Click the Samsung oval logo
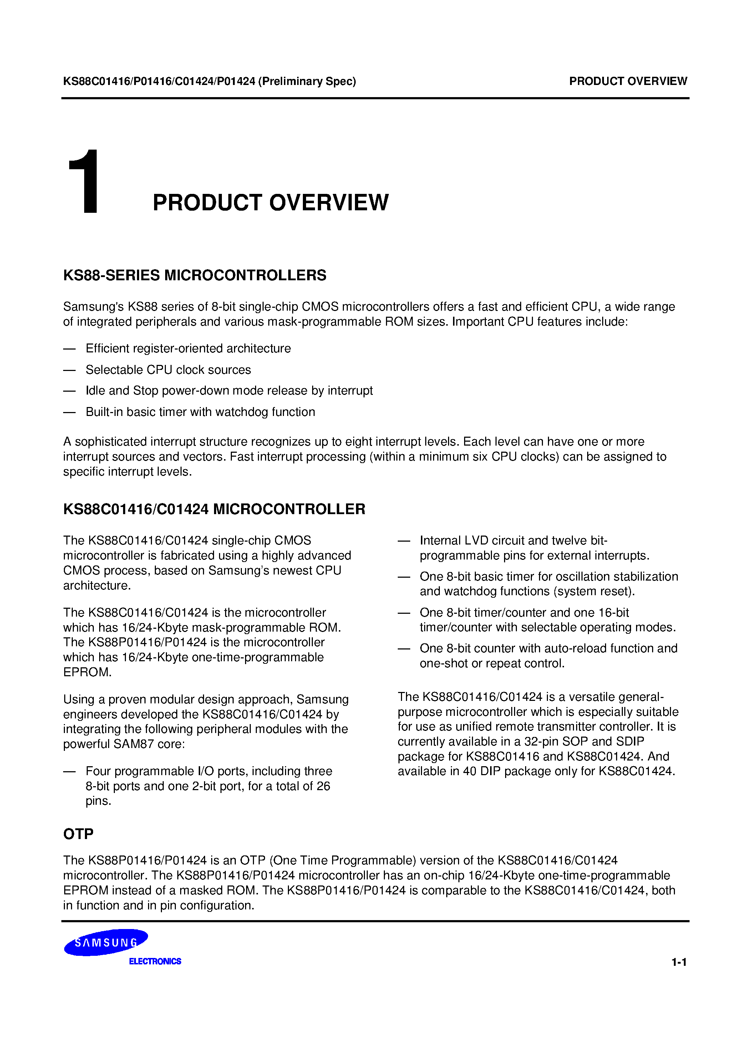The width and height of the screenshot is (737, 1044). click(x=106, y=943)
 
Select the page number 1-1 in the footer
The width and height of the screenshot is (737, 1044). click(x=679, y=962)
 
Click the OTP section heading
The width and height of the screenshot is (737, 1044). click(x=78, y=834)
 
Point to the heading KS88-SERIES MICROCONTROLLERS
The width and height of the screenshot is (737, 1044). click(x=194, y=276)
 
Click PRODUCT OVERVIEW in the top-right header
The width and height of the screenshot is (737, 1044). click(x=628, y=81)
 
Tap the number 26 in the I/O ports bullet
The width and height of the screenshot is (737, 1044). click(x=323, y=786)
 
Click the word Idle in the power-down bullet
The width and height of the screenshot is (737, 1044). click(x=95, y=391)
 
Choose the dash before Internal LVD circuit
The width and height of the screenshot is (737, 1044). click(x=403, y=541)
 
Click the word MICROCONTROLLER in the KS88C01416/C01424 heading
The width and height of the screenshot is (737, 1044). click(x=289, y=509)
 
